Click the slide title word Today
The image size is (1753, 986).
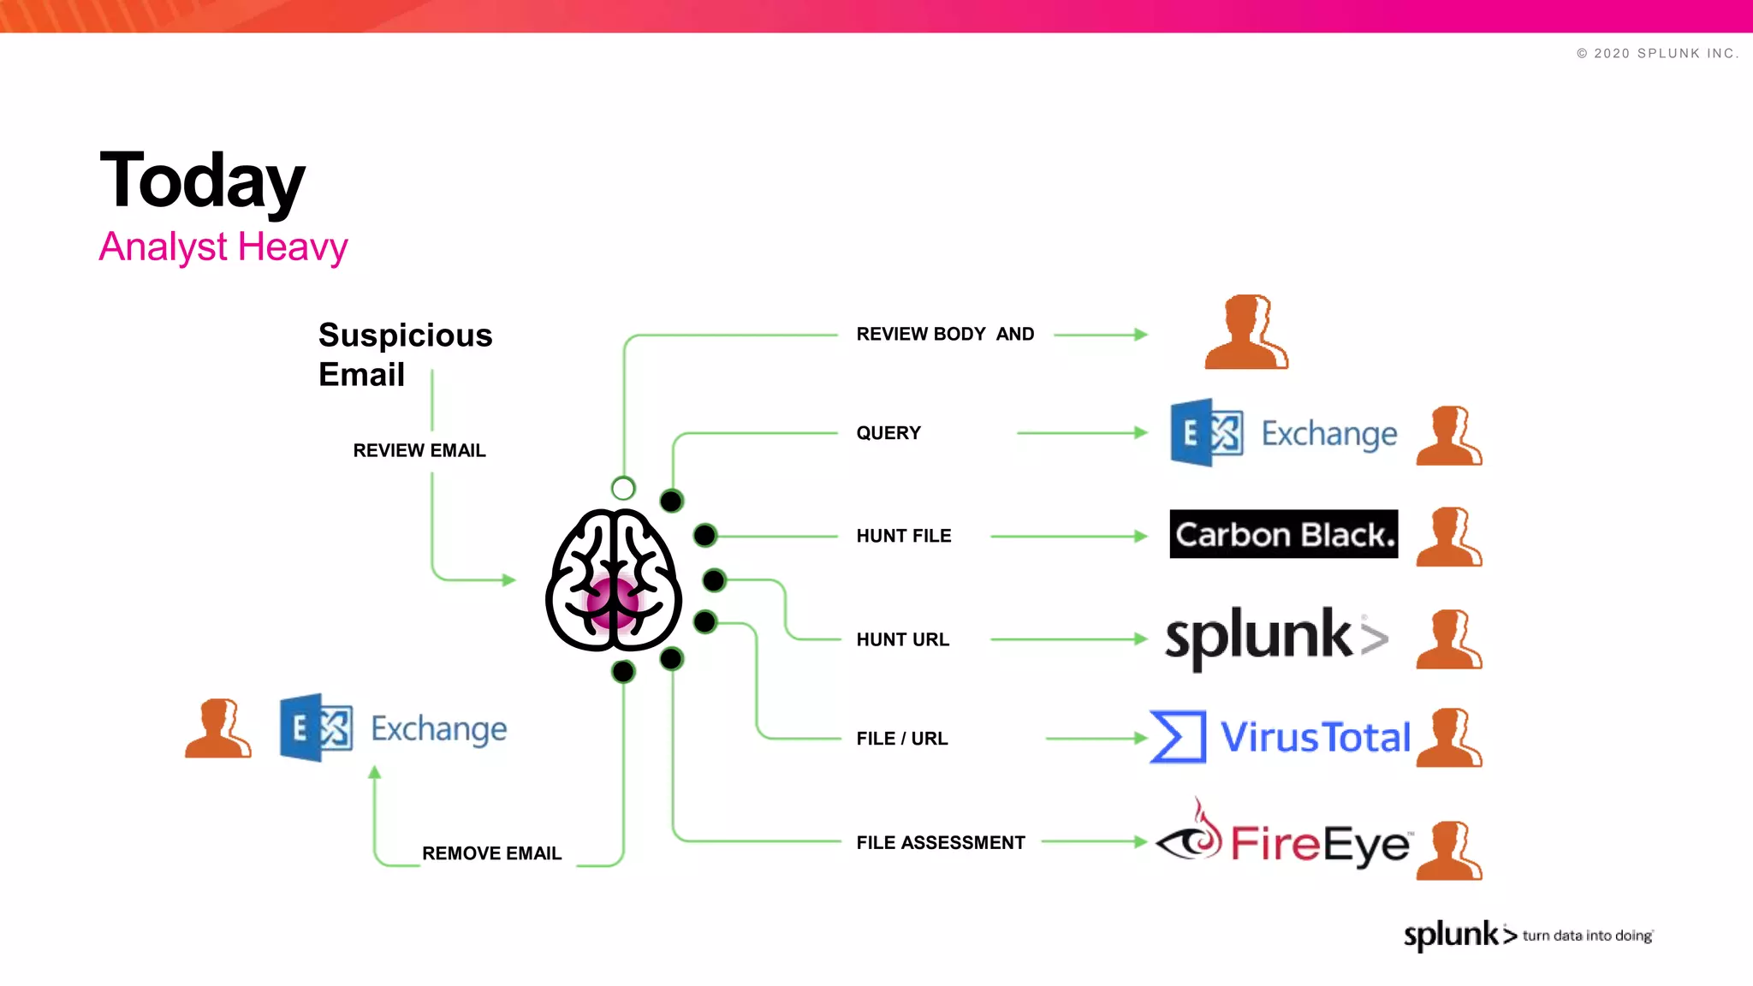[202, 181]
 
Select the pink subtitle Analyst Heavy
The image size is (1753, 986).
[223, 246]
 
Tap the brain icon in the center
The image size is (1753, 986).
[613, 580]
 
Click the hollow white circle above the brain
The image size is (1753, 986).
[623, 489]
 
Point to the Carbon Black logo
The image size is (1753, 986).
[1283, 534]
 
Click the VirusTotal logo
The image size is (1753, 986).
[1281, 737]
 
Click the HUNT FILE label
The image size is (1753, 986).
[903, 536]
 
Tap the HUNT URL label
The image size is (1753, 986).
[902, 639]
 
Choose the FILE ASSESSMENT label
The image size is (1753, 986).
[940, 842]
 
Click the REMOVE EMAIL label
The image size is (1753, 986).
[491, 853]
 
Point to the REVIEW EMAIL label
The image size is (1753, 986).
[419, 450]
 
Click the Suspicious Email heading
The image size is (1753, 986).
[404, 354]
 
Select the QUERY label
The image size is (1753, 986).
[888, 433]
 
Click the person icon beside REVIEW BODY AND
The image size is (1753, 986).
[1245, 333]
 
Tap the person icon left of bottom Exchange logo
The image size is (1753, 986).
[217, 728]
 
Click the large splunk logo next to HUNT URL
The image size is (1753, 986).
[1275, 638]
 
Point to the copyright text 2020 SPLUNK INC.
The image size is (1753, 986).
[1657, 53]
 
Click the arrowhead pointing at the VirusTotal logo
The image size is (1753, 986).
[1140, 738]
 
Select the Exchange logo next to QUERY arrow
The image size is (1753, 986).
[1283, 433]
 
